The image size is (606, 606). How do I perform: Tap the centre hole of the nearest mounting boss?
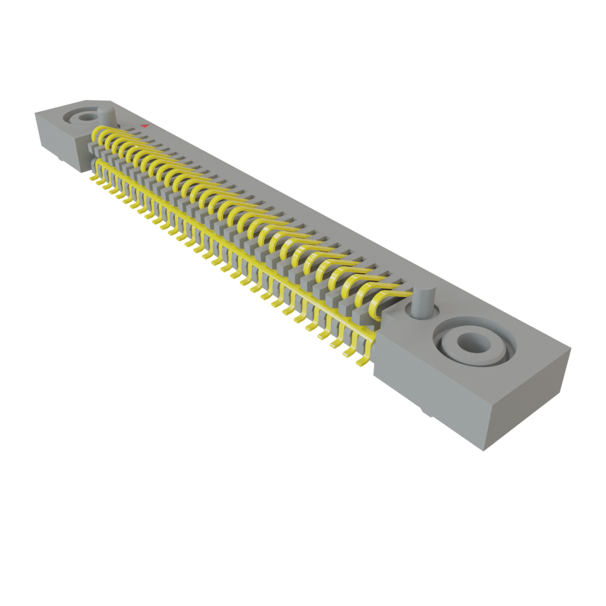[x=472, y=341]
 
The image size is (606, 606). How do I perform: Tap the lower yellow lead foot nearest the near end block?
[x=362, y=359]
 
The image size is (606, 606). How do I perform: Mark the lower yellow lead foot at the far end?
[x=93, y=177]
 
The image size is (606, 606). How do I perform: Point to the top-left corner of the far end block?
[x=36, y=112]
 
